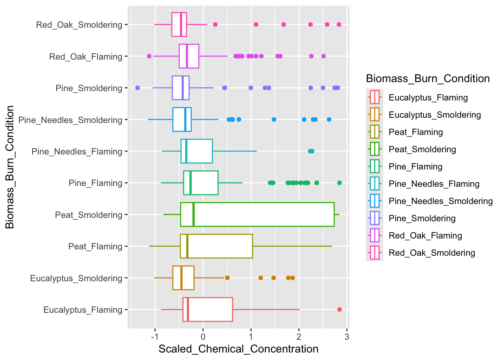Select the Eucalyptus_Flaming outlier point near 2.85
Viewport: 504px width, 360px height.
[339, 309]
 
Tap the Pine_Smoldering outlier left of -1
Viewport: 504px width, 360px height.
[138, 88]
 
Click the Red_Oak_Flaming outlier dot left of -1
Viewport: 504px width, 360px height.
[149, 56]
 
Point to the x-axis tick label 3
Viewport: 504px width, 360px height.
[347, 337]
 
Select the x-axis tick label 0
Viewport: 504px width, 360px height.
[203, 337]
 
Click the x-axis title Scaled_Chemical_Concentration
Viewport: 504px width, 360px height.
[238, 349]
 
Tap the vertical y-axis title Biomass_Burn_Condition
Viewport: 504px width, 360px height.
[10, 167]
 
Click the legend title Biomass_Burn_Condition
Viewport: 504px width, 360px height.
[428, 79]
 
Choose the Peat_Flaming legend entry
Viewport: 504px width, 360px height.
[415, 132]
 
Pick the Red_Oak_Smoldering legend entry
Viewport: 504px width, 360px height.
[432, 253]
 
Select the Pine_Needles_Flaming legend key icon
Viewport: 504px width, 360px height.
[375, 184]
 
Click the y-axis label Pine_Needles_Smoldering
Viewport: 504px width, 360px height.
[70, 120]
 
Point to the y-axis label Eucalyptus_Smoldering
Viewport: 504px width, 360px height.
[76, 278]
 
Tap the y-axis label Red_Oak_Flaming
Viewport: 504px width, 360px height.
[86, 57]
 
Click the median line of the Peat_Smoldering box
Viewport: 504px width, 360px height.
[193, 214]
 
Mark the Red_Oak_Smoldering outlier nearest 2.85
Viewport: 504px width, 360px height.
[339, 24]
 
